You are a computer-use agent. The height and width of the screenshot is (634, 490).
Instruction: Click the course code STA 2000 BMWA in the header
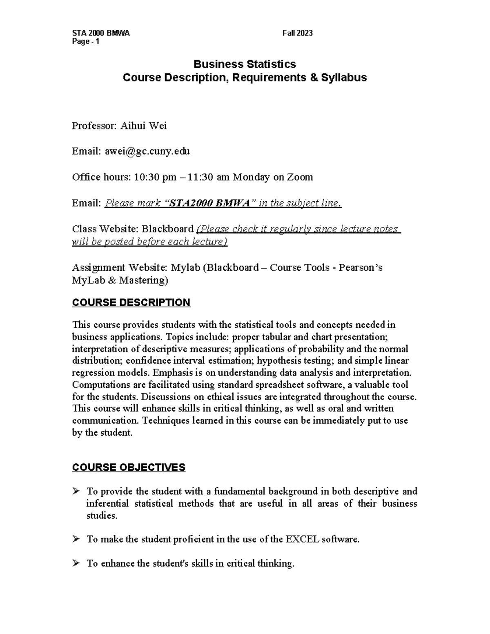click(x=100, y=33)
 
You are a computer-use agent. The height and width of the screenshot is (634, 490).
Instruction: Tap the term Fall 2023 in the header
click(x=297, y=33)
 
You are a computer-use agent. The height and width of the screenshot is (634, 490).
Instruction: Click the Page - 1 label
click(x=85, y=42)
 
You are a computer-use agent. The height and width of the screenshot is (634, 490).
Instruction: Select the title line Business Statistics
click(x=245, y=64)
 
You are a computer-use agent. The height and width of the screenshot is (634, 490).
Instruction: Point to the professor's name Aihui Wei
click(x=143, y=126)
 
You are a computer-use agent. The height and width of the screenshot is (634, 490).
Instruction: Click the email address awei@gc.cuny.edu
click(x=147, y=151)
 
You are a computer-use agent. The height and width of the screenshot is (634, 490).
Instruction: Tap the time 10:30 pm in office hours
click(x=155, y=177)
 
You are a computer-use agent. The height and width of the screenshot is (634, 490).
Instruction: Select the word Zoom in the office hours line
click(x=300, y=177)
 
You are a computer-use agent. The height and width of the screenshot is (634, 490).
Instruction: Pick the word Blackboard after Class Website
click(x=167, y=229)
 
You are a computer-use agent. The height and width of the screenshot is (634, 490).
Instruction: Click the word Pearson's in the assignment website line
click(x=361, y=268)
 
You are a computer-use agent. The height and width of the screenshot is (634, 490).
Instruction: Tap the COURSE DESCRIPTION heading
click(x=131, y=303)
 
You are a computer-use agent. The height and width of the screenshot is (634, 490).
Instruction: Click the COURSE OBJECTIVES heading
click(x=129, y=467)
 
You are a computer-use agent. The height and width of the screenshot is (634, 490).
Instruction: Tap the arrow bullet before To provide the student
click(x=76, y=491)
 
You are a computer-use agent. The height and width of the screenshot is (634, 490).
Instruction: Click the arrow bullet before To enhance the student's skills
click(x=76, y=563)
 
